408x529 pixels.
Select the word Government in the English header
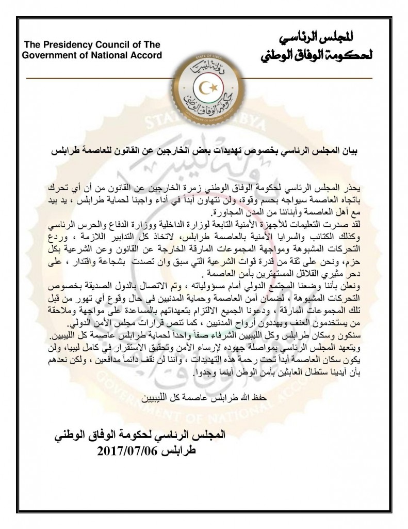point(49,55)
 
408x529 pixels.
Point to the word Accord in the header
point(146,55)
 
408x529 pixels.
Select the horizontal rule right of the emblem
point(309,78)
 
